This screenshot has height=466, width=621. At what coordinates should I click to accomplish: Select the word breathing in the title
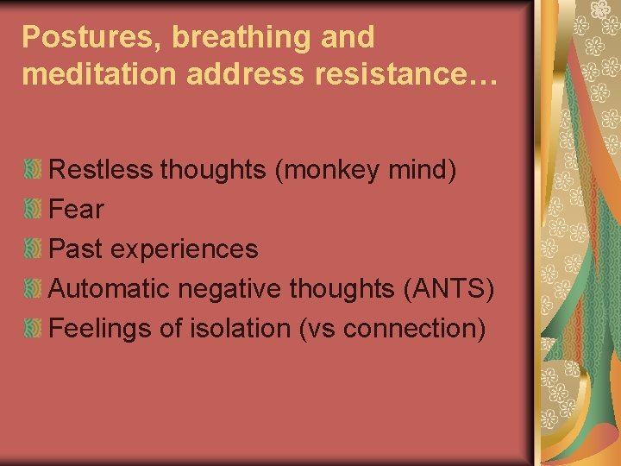point(230,38)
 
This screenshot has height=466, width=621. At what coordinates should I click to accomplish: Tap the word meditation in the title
point(98,74)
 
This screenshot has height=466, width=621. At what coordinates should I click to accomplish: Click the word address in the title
point(248,74)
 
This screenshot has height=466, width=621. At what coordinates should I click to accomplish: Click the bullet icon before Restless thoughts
point(33,170)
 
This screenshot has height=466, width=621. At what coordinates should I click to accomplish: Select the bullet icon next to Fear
point(33,210)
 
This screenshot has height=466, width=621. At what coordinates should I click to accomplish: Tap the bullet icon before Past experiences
point(33,249)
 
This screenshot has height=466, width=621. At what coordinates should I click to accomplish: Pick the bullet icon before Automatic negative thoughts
point(33,289)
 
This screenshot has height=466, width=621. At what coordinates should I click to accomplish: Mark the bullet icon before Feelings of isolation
point(33,329)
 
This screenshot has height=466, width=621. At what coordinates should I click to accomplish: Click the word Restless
point(101,170)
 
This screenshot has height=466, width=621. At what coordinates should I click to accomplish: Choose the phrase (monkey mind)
point(365,170)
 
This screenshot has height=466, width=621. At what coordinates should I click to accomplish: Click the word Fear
point(77,210)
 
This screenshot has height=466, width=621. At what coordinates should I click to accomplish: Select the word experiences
point(184,249)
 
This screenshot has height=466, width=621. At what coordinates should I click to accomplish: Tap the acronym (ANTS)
point(448,289)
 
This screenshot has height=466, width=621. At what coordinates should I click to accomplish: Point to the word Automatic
point(110,289)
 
